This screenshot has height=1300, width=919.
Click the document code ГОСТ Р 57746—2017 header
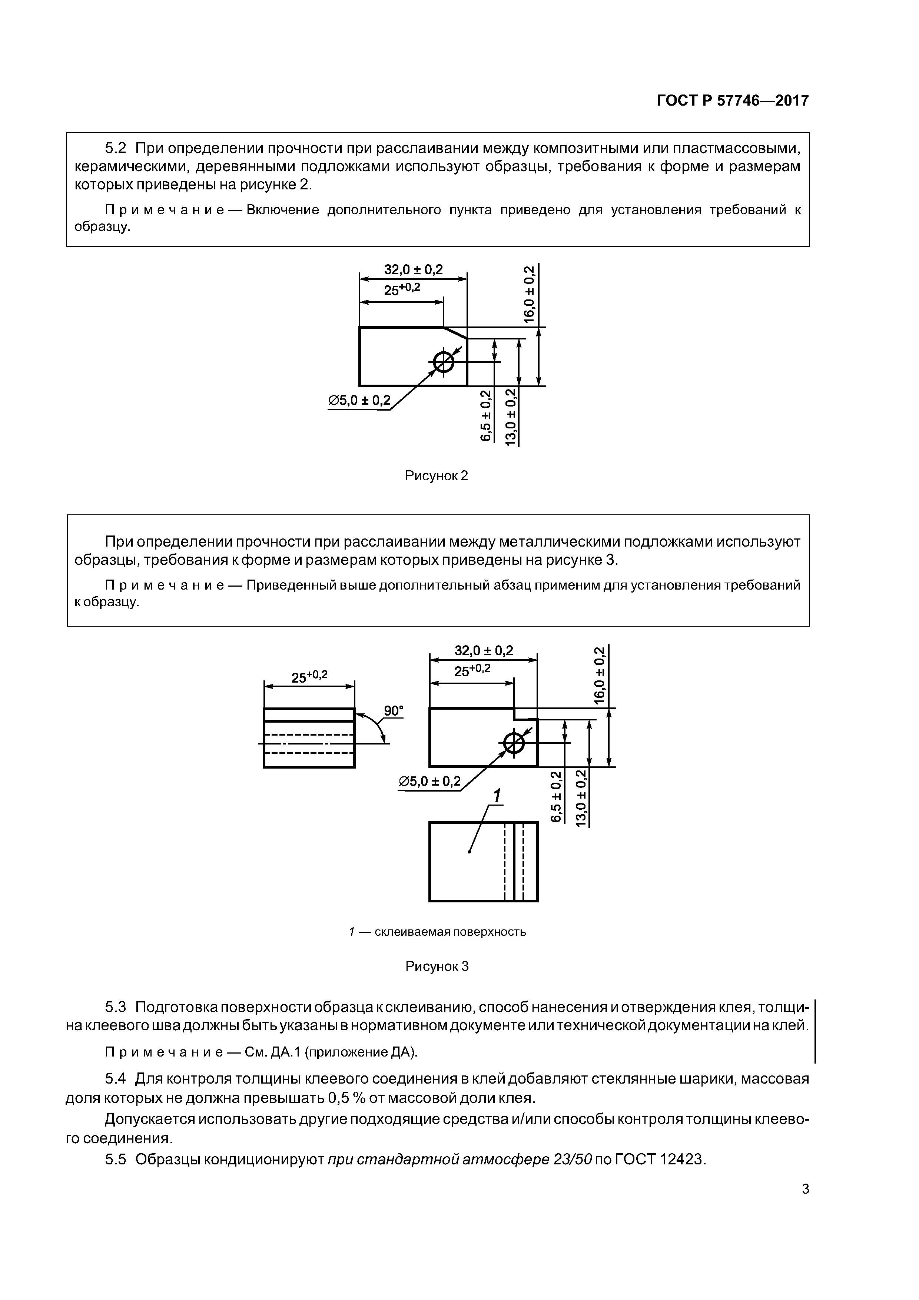point(732,101)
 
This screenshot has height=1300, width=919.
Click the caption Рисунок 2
point(437,476)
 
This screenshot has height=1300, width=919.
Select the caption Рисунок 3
point(437,966)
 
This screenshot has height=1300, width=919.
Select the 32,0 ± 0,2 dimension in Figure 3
point(484,651)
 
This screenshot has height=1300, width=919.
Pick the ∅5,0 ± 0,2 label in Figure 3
point(430,782)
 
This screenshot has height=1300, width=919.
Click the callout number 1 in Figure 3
point(497,796)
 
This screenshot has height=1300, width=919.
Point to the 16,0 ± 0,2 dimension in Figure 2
point(529,294)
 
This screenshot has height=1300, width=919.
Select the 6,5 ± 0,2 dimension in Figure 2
point(486,416)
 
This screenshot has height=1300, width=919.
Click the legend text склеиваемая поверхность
point(450,932)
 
